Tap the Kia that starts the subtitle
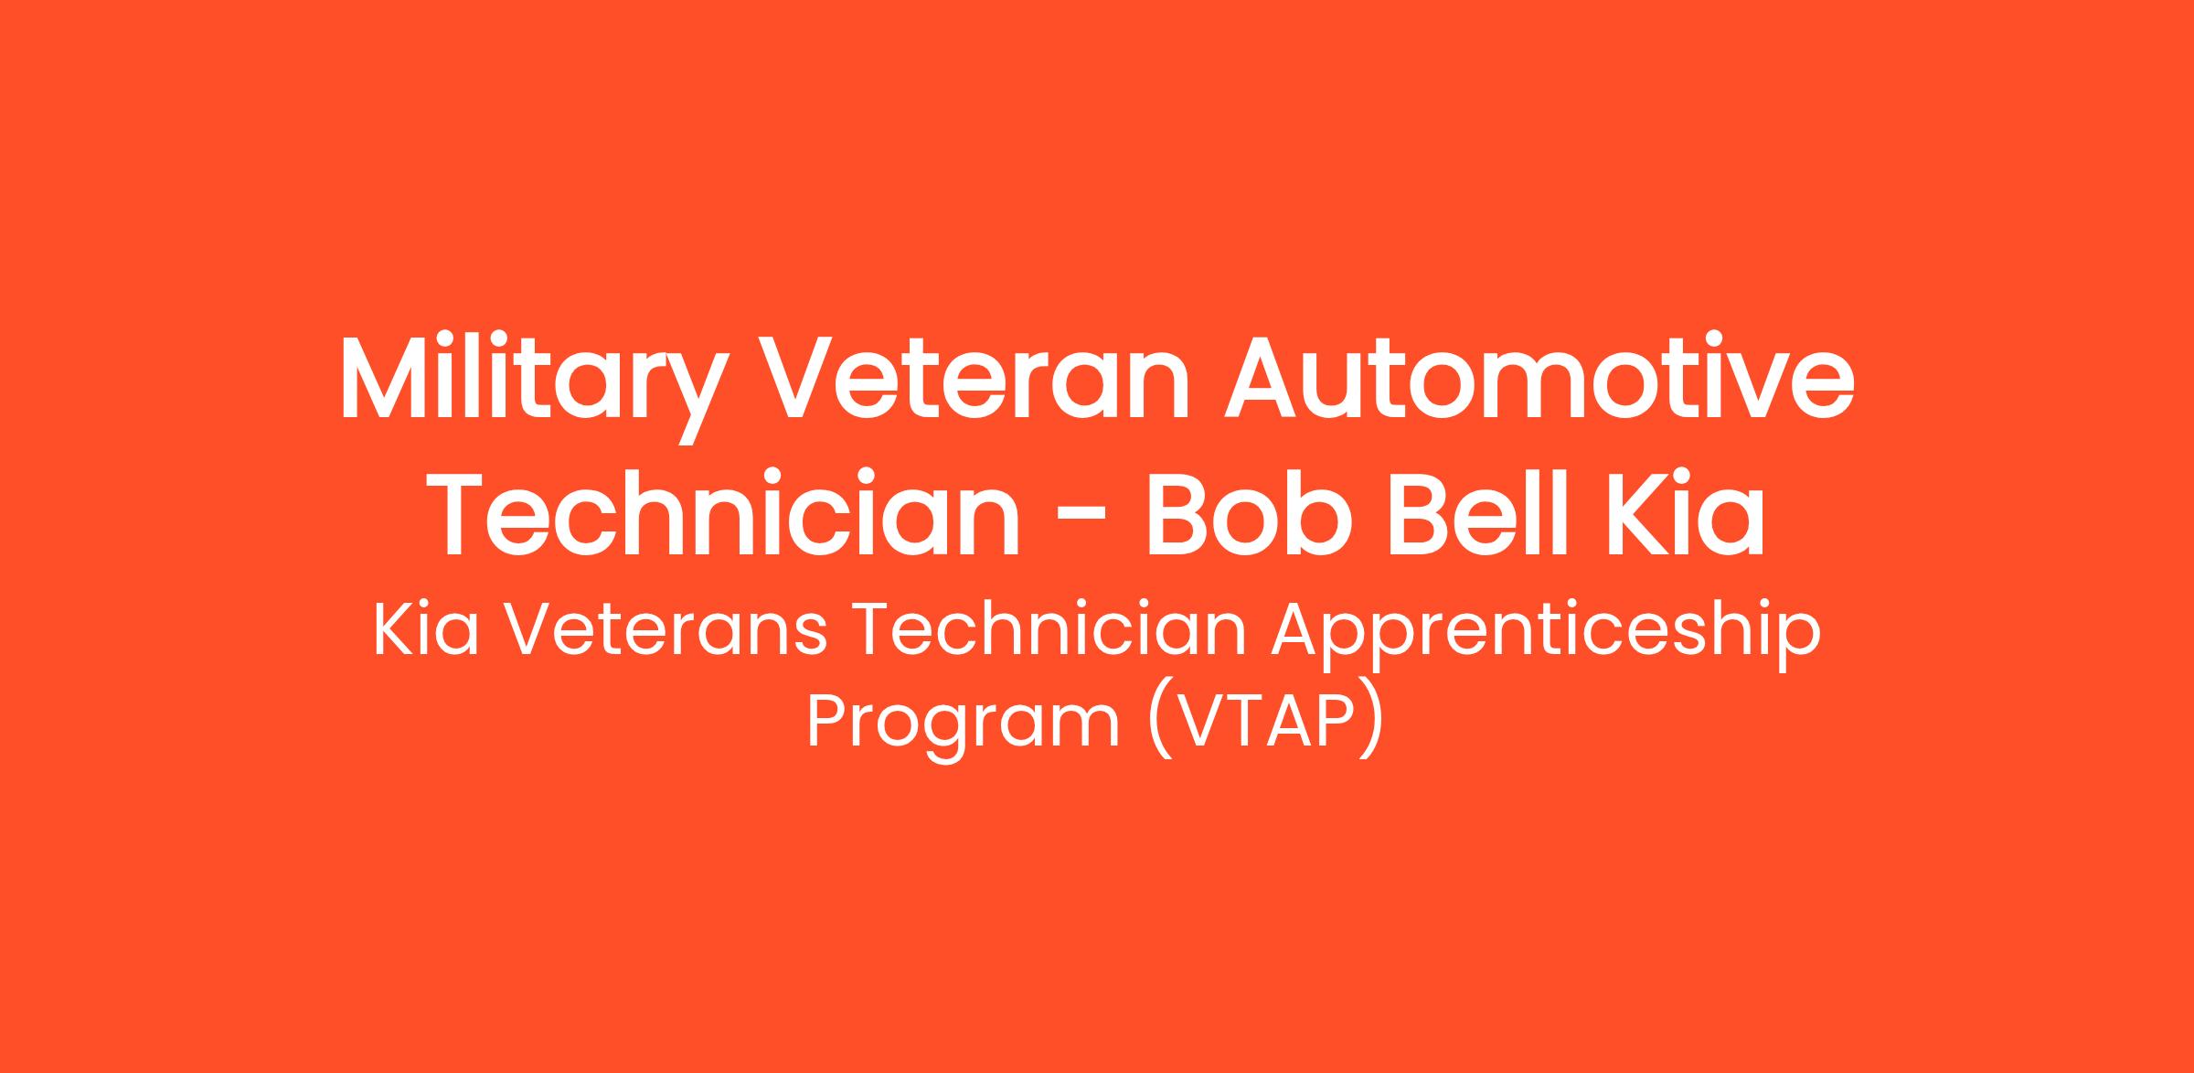tap(426, 630)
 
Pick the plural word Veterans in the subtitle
tap(666, 632)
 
